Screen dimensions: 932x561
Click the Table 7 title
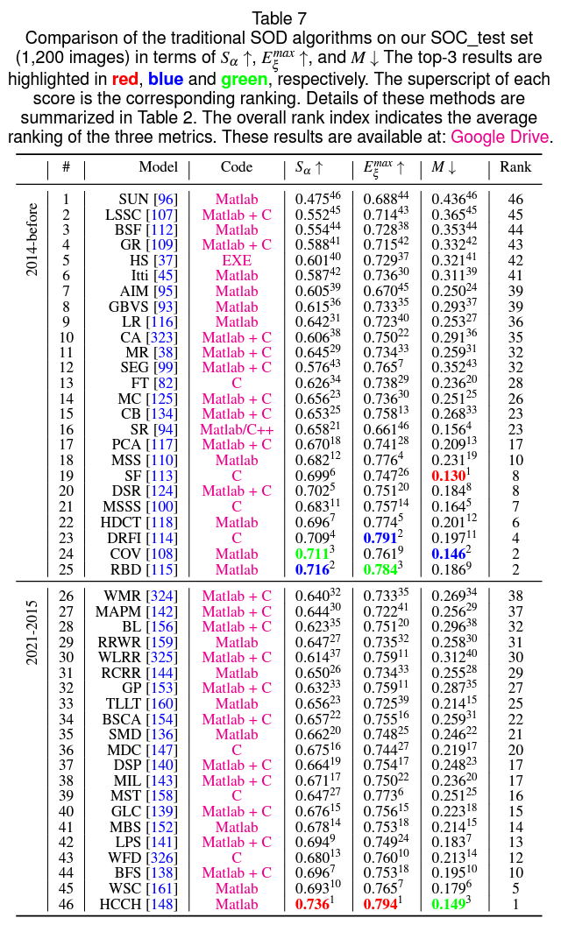(280, 18)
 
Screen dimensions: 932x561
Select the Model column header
(158, 166)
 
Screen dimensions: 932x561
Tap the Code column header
(237, 166)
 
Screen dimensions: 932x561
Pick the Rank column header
(515, 166)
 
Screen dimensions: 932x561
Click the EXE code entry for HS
(237, 261)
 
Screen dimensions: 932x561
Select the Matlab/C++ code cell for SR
(237, 429)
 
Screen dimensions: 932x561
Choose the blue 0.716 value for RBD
(311, 568)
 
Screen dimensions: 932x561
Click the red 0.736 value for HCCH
(311, 904)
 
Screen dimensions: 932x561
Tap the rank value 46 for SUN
(515, 200)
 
